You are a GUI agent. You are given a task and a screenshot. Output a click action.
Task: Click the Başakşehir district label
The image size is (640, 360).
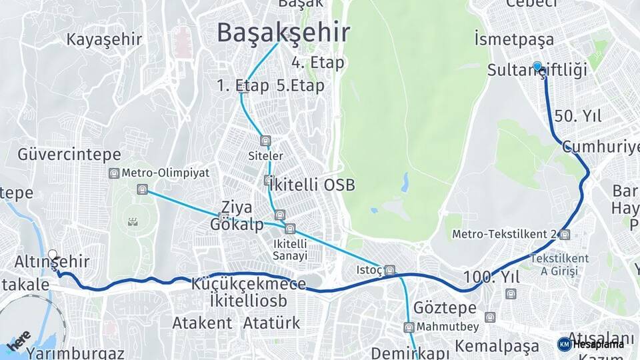click(284, 32)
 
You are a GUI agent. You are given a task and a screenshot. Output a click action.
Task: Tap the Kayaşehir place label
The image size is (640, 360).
click(104, 39)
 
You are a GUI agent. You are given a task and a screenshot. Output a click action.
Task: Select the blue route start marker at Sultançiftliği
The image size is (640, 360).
click(537, 66)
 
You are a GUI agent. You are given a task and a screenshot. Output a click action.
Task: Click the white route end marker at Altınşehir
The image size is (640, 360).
click(53, 255)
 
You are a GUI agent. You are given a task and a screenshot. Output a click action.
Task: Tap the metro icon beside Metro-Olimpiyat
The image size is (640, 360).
click(114, 173)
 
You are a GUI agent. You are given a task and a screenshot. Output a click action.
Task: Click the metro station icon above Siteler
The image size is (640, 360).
click(266, 141)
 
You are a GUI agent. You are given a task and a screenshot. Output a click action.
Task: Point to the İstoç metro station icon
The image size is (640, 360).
click(390, 271)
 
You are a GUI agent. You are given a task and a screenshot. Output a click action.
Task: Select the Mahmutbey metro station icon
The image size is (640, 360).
click(409, 327)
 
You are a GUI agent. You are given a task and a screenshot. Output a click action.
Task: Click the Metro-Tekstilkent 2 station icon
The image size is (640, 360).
click(565, 234)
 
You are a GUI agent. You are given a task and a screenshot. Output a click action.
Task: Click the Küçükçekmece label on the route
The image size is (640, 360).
click(249, 284)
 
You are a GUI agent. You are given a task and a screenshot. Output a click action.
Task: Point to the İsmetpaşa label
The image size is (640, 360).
click(514, 39)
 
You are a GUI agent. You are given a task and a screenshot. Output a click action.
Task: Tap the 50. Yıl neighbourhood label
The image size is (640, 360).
click(577, 116)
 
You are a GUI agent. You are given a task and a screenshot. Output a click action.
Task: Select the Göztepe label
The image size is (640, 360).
click(445, 308)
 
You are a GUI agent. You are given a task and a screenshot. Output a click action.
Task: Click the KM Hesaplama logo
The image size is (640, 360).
click(591, 344)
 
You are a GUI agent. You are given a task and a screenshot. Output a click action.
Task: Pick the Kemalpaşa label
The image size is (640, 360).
click(497, 346)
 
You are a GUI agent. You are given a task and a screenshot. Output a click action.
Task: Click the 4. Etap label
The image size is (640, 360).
click(317, 63)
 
